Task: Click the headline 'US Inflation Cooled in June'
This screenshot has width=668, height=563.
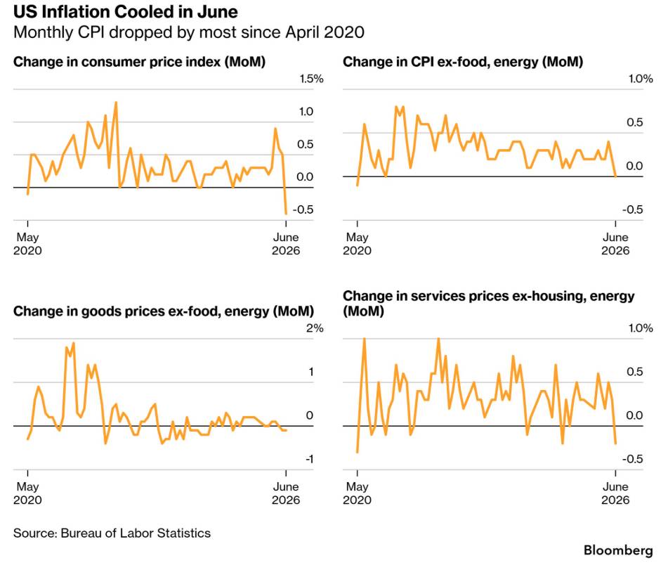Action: [126, 11]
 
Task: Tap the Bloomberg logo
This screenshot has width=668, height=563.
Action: [618, 550]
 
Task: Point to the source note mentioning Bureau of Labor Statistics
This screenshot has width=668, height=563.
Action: [112, 533]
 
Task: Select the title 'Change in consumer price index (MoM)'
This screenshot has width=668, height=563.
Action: [139, 63]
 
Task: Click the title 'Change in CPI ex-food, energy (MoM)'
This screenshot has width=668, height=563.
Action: [463, 63]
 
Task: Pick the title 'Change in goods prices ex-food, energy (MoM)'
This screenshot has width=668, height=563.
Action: [164, 311]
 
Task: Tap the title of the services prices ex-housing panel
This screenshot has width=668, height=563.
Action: [489, 304]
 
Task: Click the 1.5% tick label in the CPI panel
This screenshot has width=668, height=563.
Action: [311, 79]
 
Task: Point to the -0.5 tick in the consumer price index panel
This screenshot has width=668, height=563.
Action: [303, 209]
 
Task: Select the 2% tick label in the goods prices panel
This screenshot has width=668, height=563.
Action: [315, 328]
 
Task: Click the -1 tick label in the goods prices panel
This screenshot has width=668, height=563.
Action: [309, 459]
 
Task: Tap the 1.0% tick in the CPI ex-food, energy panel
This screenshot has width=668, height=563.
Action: [641, 79]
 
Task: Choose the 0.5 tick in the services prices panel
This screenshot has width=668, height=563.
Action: [635, 372]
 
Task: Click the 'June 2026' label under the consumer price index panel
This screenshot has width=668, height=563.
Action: [286, 244]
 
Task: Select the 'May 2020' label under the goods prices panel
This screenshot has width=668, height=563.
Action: [27, 493]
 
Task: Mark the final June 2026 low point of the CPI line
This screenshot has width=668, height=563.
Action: [286, 214]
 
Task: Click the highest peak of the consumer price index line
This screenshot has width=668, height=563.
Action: [116, 103]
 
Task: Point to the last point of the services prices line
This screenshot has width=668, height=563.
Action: [615, 444]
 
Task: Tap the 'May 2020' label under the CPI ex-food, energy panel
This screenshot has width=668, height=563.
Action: [357, 244]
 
